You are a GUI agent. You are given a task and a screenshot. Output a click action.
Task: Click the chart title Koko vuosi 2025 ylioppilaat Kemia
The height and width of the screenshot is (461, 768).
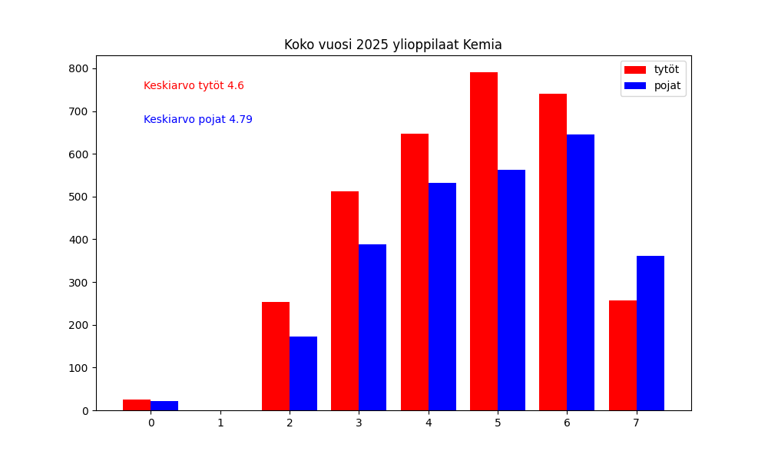tap(392, 45)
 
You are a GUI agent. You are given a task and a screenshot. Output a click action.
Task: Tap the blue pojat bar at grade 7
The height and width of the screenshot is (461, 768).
tap(650, 333)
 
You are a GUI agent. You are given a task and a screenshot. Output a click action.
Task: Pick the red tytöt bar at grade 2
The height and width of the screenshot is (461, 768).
tap(276, 357)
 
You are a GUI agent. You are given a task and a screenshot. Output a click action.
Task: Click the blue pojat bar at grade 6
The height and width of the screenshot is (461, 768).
tap(581, 273)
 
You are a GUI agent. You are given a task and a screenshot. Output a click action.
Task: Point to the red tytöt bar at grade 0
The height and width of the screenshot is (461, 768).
tap(137, 405)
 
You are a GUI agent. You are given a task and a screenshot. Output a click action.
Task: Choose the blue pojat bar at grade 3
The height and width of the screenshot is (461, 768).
tap(372, 327)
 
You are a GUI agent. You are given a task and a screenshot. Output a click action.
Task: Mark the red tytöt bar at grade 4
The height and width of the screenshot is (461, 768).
tap(415, 272)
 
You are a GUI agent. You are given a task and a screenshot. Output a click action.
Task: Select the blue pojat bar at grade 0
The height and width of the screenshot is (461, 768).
tap(164, 406)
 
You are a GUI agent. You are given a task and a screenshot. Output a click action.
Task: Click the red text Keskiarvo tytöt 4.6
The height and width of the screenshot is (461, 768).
tap(194, 86)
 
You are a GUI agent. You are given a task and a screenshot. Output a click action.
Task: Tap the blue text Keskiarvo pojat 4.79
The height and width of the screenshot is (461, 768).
tap(197, 120)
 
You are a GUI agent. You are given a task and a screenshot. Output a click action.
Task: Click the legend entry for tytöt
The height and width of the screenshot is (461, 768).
tap(666, 69)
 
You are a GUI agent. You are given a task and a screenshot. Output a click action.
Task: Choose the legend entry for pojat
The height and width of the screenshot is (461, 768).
tap(667, 85)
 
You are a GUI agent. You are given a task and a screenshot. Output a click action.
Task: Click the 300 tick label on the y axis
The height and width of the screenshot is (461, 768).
tap(78, 282)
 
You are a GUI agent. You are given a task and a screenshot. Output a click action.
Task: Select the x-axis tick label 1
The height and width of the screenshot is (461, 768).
tap(220, 423)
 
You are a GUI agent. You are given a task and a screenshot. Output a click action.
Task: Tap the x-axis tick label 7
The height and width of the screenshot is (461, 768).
tap(637, 423)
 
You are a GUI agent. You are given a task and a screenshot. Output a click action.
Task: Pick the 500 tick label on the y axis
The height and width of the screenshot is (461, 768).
tap(78, 197)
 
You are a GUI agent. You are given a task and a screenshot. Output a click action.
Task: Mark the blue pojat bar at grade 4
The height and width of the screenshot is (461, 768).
tap(442, 297)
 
